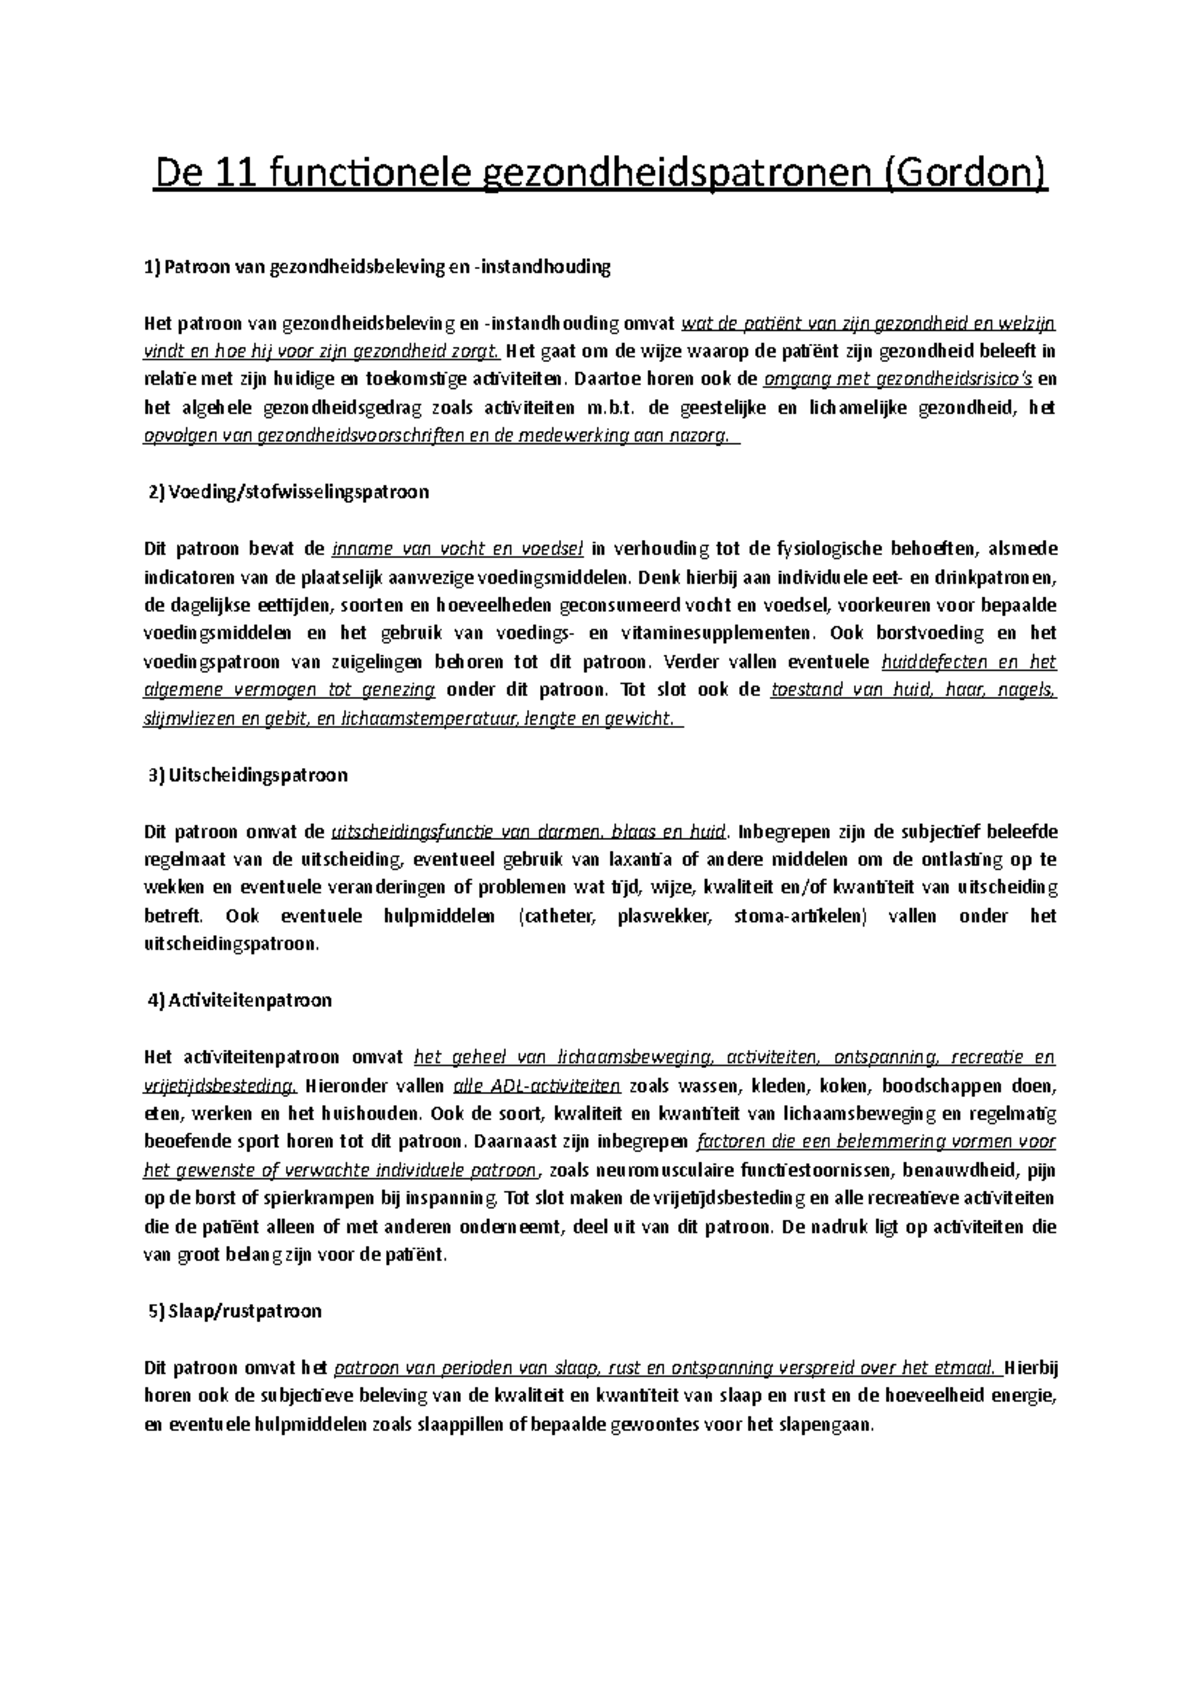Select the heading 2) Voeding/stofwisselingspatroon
click(288, 492)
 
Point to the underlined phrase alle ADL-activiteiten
click(537, 1086)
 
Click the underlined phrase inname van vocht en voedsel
click(457, 548)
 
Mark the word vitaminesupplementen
click(716, 633)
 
